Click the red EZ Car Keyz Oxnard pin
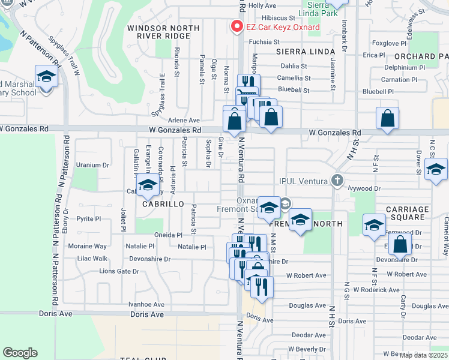tap(237, 27)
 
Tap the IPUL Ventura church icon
tap(338, 180)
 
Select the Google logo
tap(20, 352)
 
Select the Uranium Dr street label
tap(93, 165)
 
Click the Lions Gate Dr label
tap(119, 271)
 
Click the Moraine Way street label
tap(88, 246)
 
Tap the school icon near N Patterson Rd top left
tap(46, 77)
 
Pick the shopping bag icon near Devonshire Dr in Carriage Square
tap(400, 245)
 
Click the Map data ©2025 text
tap(424, 355)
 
